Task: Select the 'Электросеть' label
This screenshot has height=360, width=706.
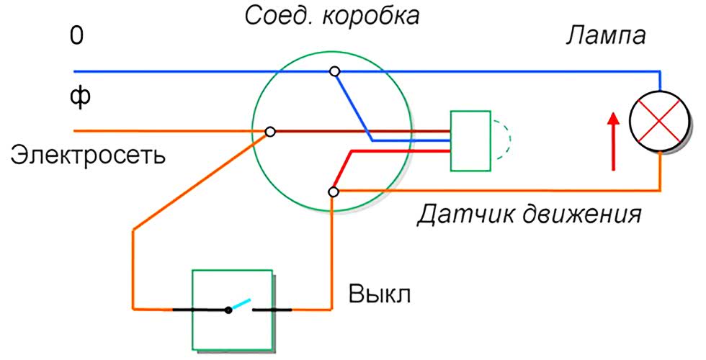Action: (x=87, y=154)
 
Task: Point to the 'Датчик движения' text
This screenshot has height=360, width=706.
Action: (x=529, y=214)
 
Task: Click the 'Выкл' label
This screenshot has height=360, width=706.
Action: (x=380, y=296)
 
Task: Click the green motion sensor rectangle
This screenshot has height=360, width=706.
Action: (x=470, y=141)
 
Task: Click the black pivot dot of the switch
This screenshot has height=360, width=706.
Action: (x=228, y=310)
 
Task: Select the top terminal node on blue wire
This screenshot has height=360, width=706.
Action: (x=334, y=71)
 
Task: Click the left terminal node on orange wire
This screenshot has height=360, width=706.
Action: (x=270, y=132)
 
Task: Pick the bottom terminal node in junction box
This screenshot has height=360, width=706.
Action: (x=333, y=192)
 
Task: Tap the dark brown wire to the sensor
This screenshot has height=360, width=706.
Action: (x=360, y=132)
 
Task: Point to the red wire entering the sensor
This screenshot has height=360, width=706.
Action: (x=396, y=151)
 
